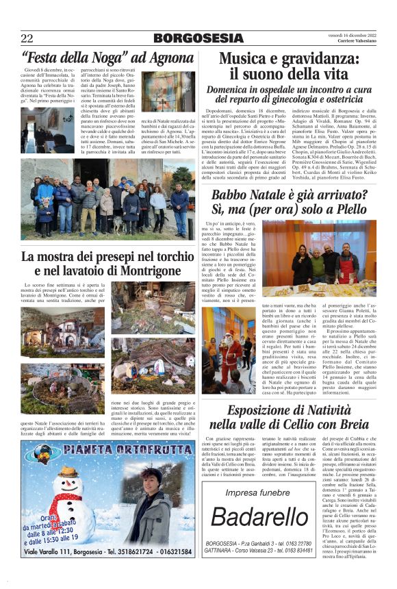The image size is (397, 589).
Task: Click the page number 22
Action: tap(27, 38)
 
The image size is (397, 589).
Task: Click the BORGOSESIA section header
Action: tap(198, 38)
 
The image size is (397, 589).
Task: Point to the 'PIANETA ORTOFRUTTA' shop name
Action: tap(110, 452)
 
